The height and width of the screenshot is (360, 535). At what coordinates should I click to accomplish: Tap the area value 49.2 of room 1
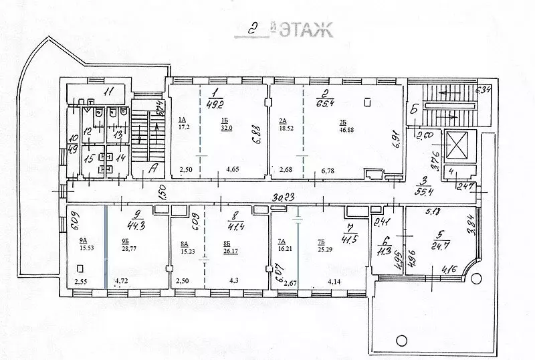pos(215,104)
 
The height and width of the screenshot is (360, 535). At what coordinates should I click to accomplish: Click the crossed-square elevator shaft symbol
pos(457,144)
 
